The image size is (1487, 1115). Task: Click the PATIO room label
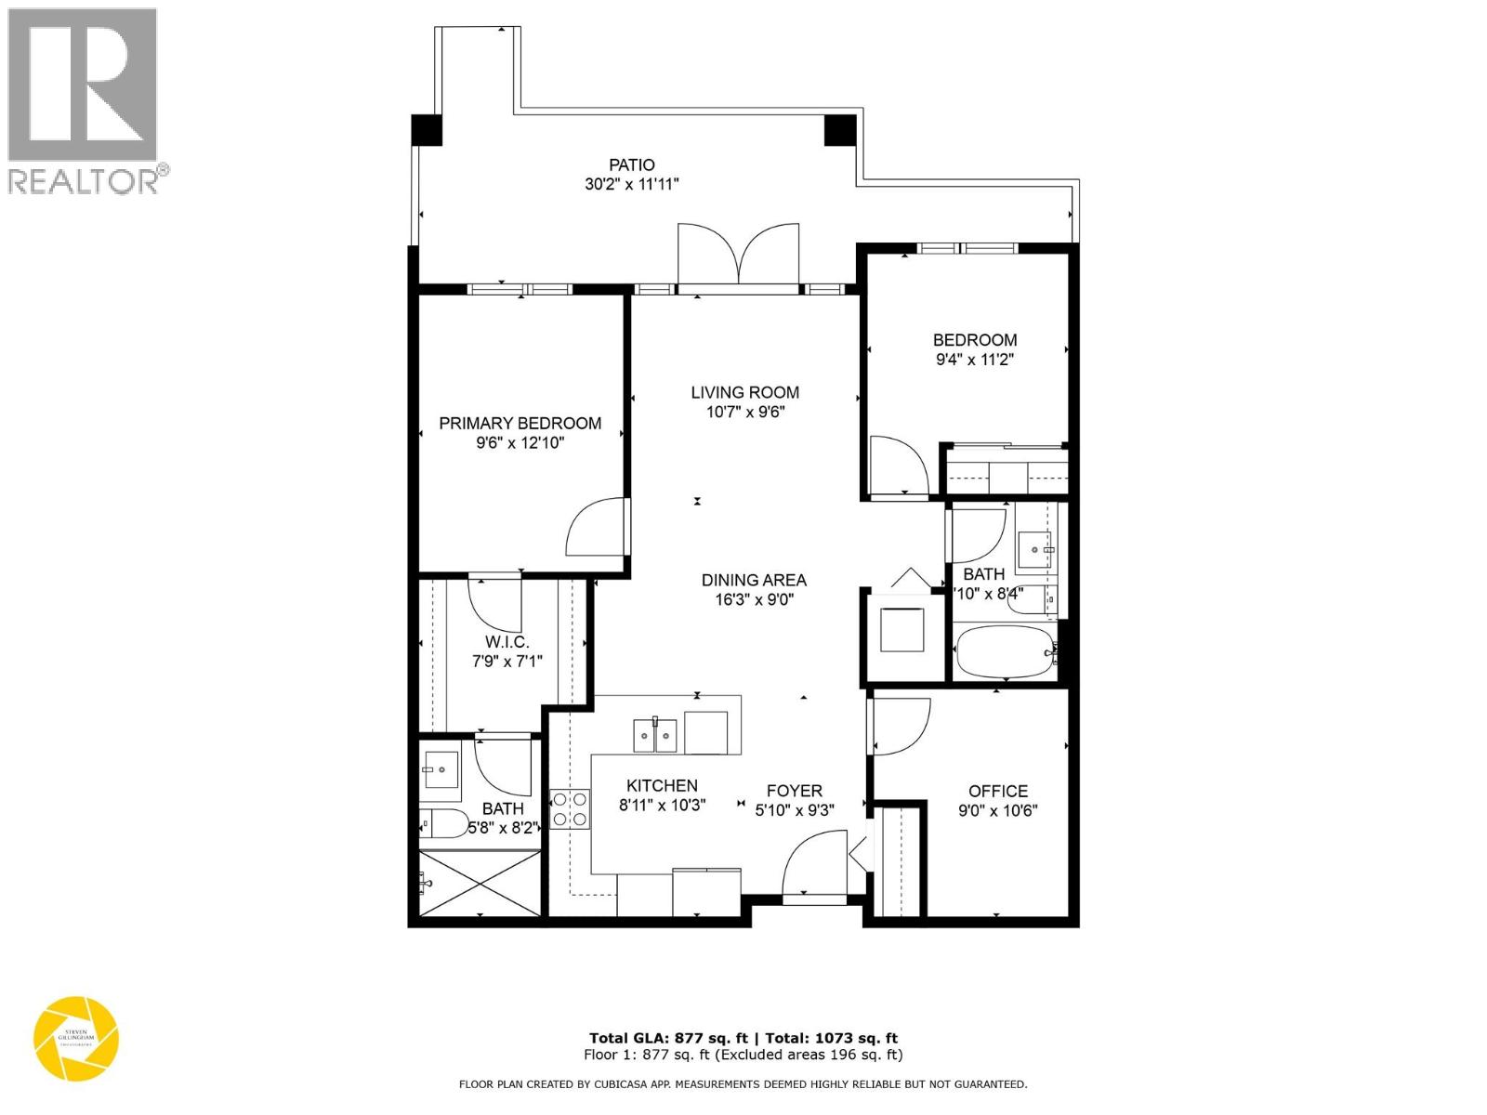632,164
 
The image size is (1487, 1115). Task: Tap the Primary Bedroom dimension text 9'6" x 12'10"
520,443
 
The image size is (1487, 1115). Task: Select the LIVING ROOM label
744,392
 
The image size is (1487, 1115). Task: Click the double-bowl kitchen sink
655,735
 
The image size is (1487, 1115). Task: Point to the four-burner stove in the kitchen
570,808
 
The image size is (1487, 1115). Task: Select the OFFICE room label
998,791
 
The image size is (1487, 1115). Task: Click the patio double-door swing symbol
739,254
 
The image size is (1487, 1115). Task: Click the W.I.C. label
507,642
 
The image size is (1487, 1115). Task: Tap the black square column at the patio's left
427,129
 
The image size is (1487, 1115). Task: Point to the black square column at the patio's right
840,130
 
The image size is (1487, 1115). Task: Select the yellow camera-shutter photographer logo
76,1038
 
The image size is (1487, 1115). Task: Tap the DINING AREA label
754,580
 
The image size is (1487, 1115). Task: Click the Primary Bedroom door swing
598,528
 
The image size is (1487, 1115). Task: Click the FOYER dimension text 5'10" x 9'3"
795,810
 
